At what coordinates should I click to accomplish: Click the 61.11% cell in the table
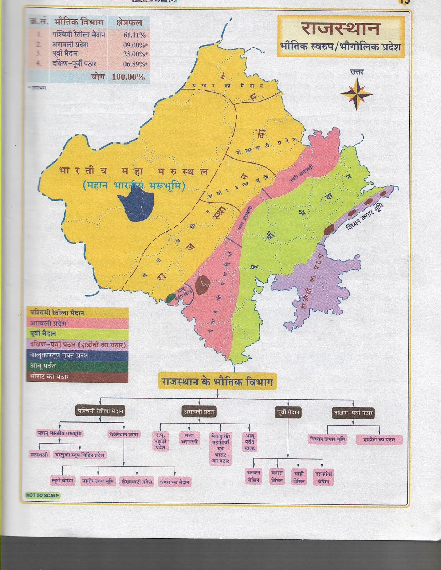tap(134, 35)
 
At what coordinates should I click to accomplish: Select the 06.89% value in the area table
tap(135, 64)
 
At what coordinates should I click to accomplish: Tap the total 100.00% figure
tap(128, 77)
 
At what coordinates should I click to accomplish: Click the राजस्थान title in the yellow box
tap(340, 28)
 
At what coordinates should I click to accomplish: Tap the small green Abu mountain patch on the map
tap(171, 298)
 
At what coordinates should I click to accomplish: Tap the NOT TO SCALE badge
tap(42, 495)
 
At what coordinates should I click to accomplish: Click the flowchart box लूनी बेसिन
tap(62, 481)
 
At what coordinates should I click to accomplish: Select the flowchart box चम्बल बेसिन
tap(253, 476)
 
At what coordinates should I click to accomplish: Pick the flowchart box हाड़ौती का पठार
tap(379, 439)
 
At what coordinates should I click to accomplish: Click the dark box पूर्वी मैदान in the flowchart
tap(288, 413)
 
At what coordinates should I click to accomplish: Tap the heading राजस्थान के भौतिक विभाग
tap(217, 382)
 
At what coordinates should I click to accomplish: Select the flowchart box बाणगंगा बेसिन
tap(323, 477)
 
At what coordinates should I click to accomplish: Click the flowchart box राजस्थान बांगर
tap(124, 434)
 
